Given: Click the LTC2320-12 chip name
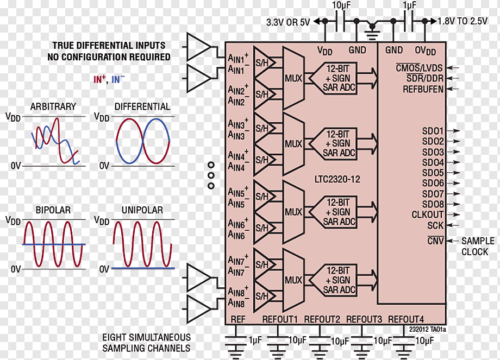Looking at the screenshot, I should pos(337,179).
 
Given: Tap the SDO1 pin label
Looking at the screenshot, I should pos(433,131).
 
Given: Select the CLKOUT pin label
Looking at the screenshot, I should pos(428,214).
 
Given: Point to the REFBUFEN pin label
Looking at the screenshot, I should pos(423,89).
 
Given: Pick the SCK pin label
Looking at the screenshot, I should pos(435,225).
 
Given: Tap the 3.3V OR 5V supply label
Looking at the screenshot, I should pos(288,22).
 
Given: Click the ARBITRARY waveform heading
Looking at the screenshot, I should pos(53,106).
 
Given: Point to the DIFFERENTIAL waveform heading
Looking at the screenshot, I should pos(142,106).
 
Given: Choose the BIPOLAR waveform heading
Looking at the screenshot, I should pos(53,210).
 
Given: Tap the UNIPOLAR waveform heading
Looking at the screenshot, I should pos(142,210).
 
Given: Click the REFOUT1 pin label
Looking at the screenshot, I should pos(280,319).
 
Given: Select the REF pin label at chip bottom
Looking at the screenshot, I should pos(238,319).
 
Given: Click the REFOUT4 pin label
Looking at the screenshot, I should pos(406,319).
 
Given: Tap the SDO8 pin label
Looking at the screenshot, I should pos(433,204).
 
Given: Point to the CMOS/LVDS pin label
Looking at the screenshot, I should pos(419,68).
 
